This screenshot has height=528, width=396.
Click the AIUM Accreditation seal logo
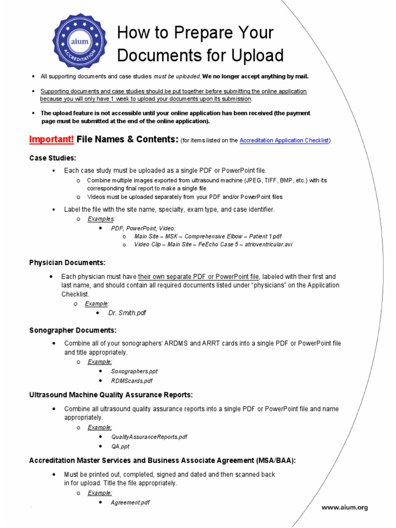coord(76,42)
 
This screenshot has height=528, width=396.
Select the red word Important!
coord(52,139)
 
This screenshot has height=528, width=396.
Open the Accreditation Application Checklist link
coord(284,140)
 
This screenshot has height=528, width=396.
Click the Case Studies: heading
coord(53,157)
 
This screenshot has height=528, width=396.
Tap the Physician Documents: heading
coord(67,262)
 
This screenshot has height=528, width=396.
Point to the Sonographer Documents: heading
coord(73,330)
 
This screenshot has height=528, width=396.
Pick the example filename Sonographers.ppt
coord(134,371)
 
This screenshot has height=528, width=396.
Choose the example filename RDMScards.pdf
coord(132,381)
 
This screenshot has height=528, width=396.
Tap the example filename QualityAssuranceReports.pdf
coord(149,436)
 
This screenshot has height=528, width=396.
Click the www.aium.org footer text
coord(344,507)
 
